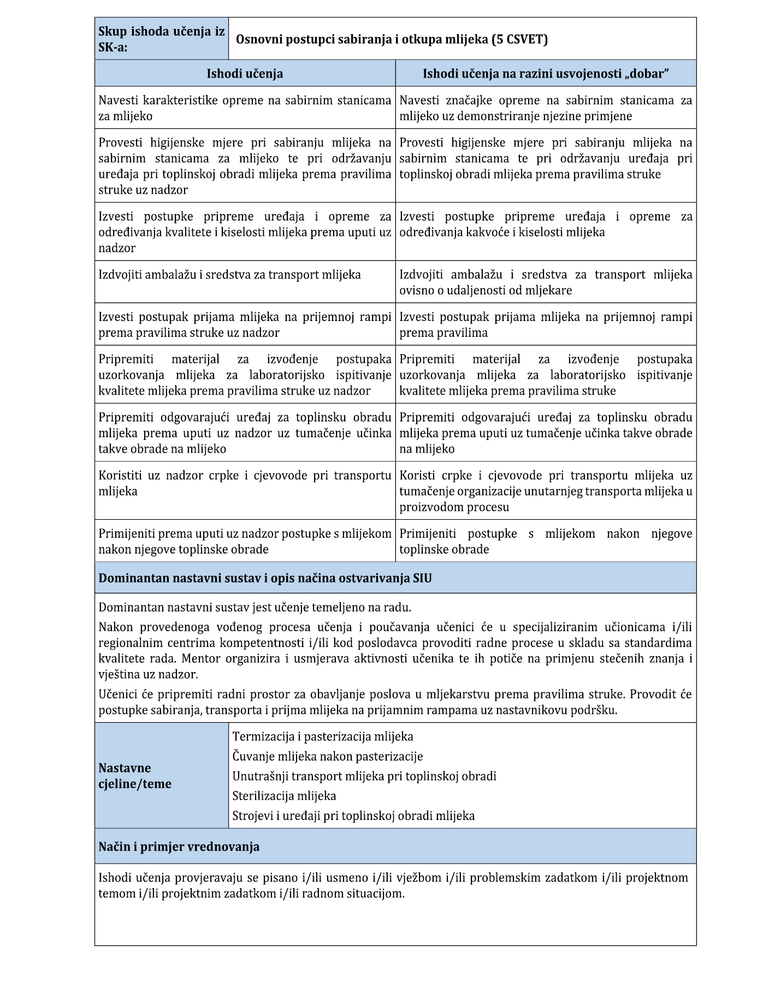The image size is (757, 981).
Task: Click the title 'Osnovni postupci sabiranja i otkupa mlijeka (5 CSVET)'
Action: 392,39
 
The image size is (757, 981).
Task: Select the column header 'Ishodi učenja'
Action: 245,74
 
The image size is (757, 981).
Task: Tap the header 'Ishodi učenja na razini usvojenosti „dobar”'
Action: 546,74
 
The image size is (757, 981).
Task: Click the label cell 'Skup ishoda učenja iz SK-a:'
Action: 161,39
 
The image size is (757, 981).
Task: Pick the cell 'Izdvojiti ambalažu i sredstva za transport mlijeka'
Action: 230,275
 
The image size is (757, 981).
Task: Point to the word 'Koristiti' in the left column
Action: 121,475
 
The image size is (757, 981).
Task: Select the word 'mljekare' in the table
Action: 548,290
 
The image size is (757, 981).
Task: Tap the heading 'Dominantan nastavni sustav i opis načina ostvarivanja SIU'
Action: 265,578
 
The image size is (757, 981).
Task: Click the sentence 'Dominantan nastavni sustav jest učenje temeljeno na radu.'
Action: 255,608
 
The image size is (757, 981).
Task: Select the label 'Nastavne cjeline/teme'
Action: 135,776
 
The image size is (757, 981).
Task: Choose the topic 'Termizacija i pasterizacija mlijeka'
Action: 323,736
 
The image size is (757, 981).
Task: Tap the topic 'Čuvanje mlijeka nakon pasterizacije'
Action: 328,757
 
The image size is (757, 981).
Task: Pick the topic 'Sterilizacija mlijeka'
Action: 284,796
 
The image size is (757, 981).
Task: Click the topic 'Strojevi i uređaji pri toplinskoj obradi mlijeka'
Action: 353,816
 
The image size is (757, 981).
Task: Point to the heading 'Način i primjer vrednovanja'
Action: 179,847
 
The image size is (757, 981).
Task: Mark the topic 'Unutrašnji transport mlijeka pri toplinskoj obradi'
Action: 364,776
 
